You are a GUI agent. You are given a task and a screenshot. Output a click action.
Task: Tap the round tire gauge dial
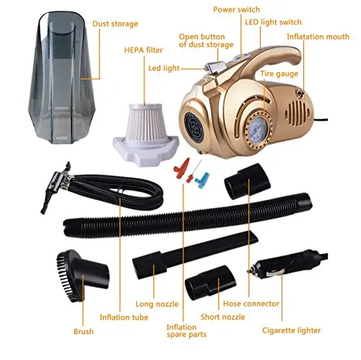point(259,129)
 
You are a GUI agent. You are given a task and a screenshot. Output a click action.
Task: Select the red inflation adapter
point(183,167)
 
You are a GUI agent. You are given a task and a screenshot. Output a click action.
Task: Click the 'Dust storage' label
point(116,24)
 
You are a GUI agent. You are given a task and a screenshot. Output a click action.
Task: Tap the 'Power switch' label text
point(237,9)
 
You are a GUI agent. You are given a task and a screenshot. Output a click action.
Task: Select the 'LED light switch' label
point(273,22)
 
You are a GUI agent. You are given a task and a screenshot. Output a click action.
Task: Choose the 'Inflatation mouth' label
point(318,37)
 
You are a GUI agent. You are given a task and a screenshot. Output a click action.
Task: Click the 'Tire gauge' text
point(279,74)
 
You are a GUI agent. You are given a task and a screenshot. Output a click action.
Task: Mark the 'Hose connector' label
point(251,304)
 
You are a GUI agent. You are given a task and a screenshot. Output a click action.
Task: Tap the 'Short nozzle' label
point(222,317)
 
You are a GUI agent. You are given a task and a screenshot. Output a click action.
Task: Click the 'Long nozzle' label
point(157,304)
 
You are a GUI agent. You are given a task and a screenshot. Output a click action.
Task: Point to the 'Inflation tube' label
point(124,317)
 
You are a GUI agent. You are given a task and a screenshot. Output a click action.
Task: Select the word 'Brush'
point(84,331)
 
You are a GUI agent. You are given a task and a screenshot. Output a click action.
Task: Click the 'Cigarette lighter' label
point(291,330)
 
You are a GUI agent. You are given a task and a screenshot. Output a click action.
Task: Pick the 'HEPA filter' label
point(144,50)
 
